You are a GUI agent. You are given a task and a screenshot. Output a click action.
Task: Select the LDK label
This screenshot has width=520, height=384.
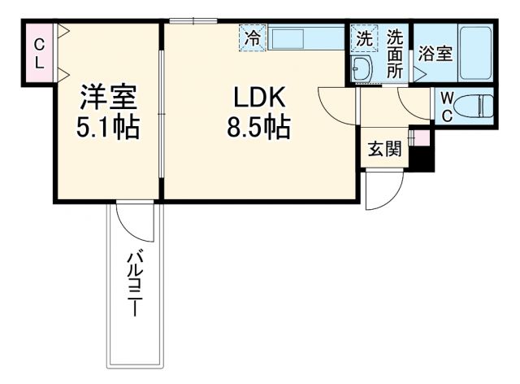pos(258,98)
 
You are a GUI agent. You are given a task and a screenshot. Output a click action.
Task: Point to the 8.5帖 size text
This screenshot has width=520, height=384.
pos(258,128)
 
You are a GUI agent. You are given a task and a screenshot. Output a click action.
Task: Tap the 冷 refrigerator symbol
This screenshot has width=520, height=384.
pos(252,37)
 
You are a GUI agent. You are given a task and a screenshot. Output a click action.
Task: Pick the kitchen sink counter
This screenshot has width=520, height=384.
pos(305,38)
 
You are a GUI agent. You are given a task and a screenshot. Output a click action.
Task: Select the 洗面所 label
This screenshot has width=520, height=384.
pos(395,54)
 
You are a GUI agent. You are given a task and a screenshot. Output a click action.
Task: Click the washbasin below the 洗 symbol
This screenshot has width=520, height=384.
pos(362,68)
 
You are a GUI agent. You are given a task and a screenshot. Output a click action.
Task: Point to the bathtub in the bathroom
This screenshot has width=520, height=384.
pos(475,53)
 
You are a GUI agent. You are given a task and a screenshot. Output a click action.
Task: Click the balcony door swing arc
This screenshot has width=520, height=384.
pos(133,219)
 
